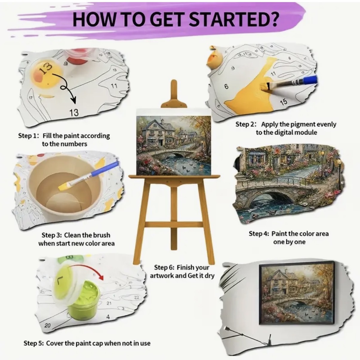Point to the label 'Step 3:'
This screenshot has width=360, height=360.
[52, 235]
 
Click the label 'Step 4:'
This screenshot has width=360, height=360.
[259, 234]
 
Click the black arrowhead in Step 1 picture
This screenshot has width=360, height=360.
[74, 101]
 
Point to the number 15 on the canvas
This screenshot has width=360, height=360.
[284, 102]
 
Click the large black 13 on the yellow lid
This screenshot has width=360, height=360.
[46, 68]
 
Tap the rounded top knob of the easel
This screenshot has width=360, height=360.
[174, 83]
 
